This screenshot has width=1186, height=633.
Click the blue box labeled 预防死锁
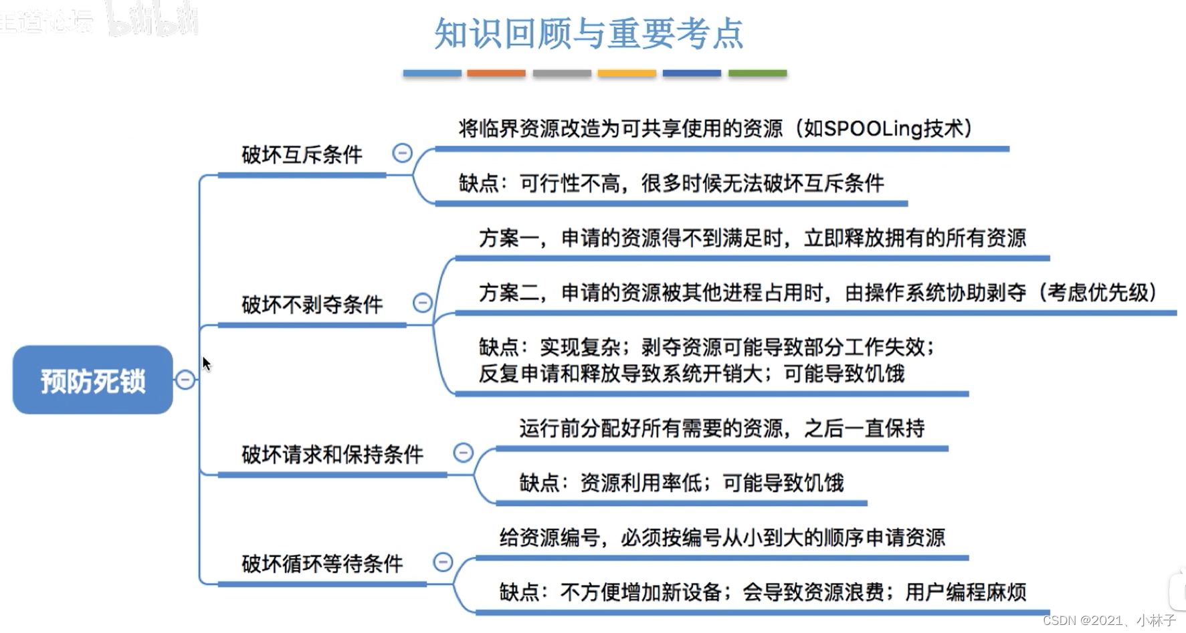92,380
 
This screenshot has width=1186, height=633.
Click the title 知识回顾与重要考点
589,33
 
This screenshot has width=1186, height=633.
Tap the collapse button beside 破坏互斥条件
402,153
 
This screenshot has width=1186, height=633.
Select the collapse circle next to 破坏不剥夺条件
422,303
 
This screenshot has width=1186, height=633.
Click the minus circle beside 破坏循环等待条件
443,562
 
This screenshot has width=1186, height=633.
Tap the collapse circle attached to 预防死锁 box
185,380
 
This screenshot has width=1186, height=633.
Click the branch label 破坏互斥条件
302,155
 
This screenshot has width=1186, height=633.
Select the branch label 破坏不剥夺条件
312,305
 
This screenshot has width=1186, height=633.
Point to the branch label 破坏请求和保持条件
332,455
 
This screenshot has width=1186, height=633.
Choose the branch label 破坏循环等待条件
322,564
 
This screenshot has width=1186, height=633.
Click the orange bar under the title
496,74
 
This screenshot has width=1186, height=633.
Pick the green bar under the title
757,74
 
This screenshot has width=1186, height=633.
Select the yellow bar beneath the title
626,74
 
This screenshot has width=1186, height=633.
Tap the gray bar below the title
561,74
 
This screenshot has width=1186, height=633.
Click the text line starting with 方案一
752,238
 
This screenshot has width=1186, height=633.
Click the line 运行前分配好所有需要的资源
721,428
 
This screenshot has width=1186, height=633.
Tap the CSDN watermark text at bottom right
1108,621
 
